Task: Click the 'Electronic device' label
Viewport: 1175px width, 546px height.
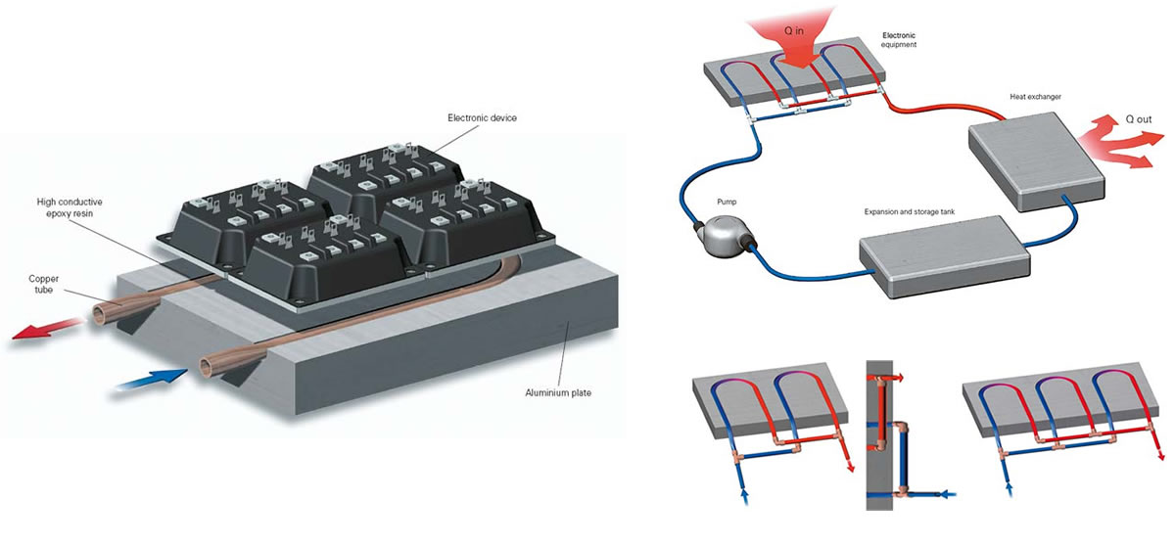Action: click(x=482, y=117)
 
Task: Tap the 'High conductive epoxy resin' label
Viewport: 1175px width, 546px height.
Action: click(x=70, y=207)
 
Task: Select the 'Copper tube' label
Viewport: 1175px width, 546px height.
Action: click(x=43, y=284)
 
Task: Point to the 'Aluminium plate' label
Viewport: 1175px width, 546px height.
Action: click(x=558, y=392)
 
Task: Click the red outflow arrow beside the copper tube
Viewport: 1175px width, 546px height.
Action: click(x=47, y=328)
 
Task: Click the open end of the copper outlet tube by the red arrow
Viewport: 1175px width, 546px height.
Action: click(x=100, y=316)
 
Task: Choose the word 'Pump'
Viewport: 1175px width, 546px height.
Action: click(x=727, y=202)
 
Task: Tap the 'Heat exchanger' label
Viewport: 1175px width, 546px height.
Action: click(x=1036, y=97)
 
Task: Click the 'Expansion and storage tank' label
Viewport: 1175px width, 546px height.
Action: click(x=910, y=211)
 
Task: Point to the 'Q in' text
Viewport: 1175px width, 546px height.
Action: click(x=794, y=31)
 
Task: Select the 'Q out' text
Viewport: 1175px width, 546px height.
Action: click(x=1139, y=119)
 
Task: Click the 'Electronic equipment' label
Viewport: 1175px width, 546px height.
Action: click(x=899, y=40)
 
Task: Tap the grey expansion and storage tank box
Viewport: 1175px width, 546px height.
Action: click(x=945, y=256)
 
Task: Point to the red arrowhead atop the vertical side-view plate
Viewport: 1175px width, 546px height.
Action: click(x=899, y=378)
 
